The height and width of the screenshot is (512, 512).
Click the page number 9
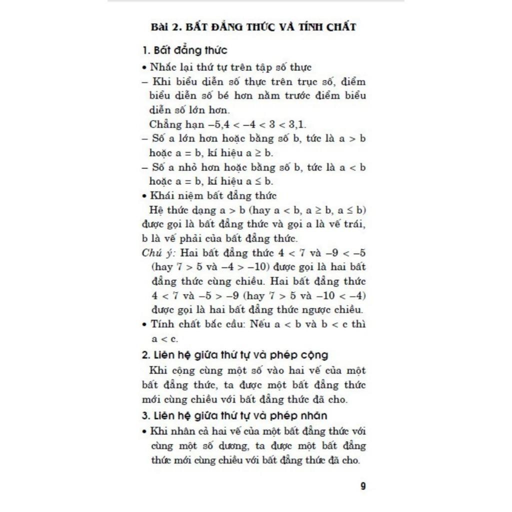(363, 486)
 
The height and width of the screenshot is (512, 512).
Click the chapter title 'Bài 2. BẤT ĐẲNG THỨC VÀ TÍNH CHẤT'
(254, 27)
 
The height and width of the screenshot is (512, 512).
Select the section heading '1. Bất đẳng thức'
(184, 50)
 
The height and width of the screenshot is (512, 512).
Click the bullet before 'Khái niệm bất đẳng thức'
(144, 196)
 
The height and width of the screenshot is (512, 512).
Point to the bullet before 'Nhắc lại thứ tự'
(144, 67)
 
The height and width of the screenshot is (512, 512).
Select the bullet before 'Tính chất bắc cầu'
(144, 324)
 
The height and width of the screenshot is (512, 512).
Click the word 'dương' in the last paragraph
(230, 445)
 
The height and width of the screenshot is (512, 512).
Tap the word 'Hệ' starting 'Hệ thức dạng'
(156, 210)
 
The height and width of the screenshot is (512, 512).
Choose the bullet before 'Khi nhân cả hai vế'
(144, 431)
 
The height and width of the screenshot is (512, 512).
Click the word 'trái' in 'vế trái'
(355, 224)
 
